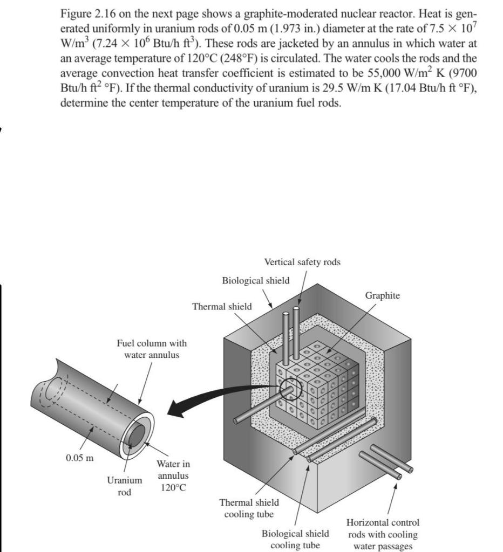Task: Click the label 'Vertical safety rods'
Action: (302, 262)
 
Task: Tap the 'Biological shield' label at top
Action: (255, 280)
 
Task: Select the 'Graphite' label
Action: (383, 295)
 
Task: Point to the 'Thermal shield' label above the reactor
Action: (222, 306)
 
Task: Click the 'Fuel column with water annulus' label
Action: (152, 348)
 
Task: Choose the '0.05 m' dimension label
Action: (79, 458)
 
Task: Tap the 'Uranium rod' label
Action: (125, 486)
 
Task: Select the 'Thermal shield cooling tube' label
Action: (249, 508)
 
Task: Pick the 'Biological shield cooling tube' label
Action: (295, 539)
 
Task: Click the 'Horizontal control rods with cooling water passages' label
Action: (383, 534)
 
